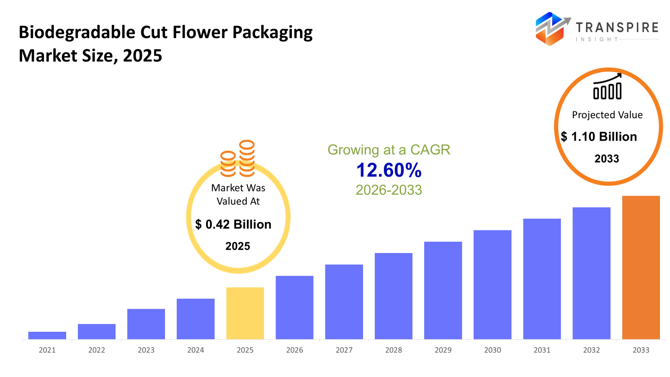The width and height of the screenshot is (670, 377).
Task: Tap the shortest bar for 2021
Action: point(47,335)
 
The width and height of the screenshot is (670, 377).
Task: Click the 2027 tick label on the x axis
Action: point(344,350)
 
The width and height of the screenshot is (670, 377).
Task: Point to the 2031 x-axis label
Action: point(542,350)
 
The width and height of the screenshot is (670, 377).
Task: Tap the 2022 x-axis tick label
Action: point(96,350)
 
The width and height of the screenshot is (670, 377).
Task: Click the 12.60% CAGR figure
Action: point(389,170)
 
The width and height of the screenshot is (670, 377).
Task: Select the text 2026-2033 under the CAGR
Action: point(389,190)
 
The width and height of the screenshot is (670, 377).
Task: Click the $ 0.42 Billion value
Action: point(233,225)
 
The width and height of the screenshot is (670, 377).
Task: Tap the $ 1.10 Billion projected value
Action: point(599,137)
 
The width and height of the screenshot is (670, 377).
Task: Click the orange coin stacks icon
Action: point(238,158)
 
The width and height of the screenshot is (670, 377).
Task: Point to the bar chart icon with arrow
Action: point(607,87)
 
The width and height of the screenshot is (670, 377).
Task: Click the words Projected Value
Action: point(607,115)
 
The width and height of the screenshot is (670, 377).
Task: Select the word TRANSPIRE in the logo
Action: point(617,28)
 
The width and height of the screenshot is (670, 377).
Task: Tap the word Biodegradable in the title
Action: point(77,33)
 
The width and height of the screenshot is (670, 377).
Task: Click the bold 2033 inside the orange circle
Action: point(607,159)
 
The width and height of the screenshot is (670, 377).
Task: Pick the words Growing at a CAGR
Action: point(389,150)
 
